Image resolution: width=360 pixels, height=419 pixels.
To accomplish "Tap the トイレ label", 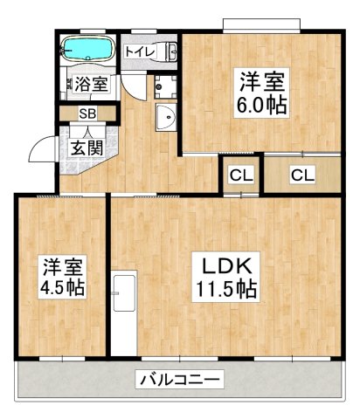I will coord(140,52).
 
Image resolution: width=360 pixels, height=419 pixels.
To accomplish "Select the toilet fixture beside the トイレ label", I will coord(167,52).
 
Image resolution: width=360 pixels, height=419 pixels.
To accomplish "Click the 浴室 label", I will coord(90,85).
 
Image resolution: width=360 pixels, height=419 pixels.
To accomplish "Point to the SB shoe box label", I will coord(87,113).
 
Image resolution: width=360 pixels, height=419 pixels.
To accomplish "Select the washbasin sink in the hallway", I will coord(163,118).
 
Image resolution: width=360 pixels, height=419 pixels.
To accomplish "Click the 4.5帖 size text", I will coord(60,287).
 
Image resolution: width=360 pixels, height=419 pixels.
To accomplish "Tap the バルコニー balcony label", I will coord(180,381).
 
